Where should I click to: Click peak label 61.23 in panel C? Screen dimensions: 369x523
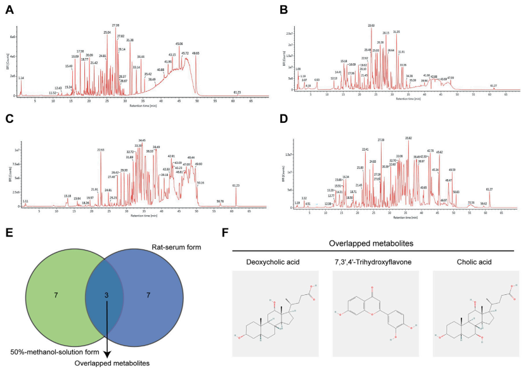click(x=236, y=185)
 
